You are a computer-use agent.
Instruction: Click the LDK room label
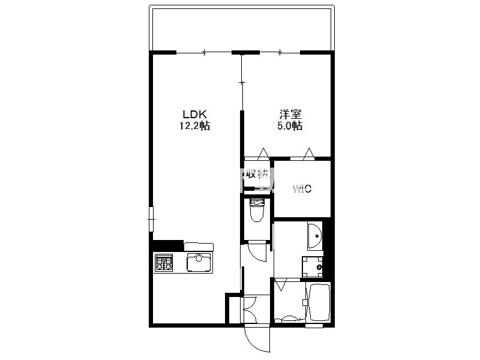coord(195,115)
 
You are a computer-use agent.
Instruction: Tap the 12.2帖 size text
coord(194,126)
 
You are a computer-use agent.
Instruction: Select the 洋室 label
coord(290,115)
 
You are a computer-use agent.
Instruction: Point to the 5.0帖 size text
coord(290,126)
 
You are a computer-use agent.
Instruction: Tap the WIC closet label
coord(302,188)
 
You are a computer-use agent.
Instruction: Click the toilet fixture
coord(257,210)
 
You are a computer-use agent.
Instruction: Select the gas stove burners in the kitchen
coord(164,263)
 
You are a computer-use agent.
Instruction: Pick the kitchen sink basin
coord(199,263)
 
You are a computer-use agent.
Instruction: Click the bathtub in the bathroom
coord(319,302)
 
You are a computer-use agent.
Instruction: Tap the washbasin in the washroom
coord(315,236)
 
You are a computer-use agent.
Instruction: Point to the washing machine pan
coord(313,266)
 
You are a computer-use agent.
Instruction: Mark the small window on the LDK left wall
coord(151,219)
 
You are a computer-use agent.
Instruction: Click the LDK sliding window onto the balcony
coord(204,53)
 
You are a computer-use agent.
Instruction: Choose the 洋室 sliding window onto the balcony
coord(280,53)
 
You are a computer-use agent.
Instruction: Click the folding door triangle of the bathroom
coord(281,284)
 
